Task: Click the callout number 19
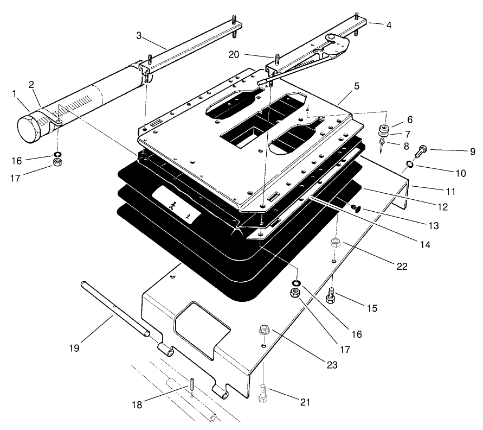[74, 347]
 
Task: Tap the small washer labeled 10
[410, 165]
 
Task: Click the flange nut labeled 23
[266, 330]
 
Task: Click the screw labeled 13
[355, 207]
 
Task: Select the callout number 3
[139, 36]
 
